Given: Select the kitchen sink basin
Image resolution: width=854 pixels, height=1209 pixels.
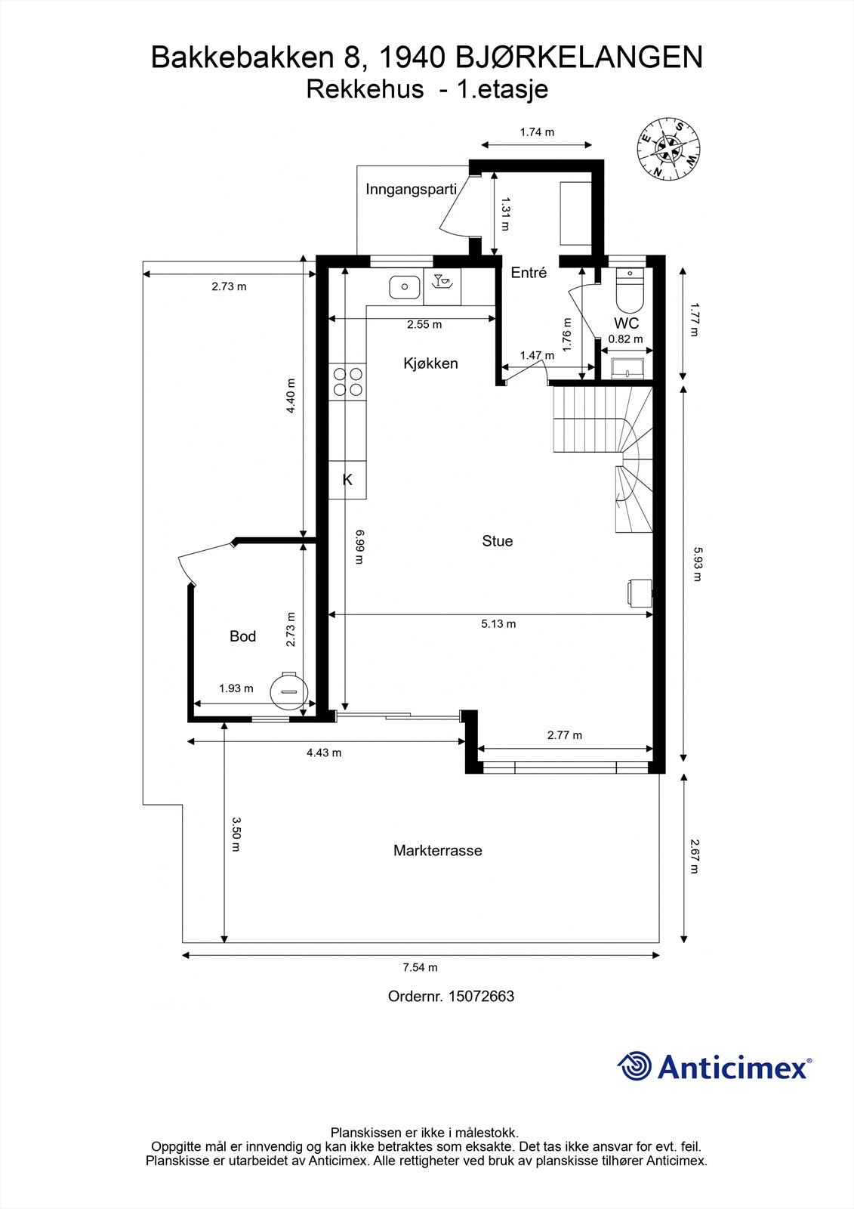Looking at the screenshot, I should (x=405, y=287).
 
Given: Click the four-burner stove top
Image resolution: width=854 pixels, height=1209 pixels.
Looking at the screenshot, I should (x=347, y=381).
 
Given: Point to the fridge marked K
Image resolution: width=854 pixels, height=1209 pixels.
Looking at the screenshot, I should (x=347, y=480).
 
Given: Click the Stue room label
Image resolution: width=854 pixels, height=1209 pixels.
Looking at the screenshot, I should (x=497, y=541).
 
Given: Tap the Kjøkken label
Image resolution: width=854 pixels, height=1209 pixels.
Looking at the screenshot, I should (x=430, y=363).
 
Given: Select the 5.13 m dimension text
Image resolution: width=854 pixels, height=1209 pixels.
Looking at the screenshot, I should (x=498, y=624).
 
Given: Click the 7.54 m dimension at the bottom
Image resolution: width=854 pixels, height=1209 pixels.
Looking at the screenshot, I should (x=420, y=967).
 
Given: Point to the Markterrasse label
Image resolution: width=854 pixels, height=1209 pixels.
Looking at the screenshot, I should (x=437, y=851).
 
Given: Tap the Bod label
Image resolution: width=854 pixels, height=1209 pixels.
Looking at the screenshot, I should (x=242, y=637).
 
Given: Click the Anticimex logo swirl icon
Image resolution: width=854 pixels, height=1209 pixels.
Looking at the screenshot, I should (x=635, y=1066).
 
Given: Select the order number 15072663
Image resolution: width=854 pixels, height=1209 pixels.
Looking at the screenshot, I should (x=481, y=997).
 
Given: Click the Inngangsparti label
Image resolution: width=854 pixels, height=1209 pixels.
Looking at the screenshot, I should (x=411, y=190).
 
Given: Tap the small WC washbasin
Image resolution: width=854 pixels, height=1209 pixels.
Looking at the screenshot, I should (x=626, y=369).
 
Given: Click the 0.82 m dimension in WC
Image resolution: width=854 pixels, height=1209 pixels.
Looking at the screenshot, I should (x=625, y=339).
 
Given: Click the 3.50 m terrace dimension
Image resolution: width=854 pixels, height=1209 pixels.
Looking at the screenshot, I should (x=236, y=833).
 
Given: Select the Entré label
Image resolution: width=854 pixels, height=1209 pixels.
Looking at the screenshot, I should (x=529, y=273).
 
